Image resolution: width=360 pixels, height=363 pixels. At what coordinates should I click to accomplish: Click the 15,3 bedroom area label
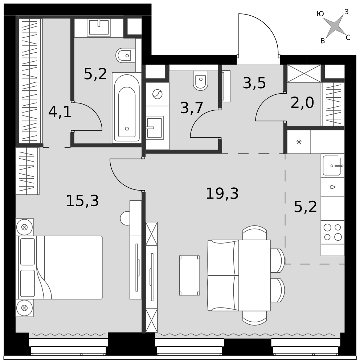[x=82, y=201]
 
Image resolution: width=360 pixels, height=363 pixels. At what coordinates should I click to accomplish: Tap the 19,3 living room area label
[x=222, y=193]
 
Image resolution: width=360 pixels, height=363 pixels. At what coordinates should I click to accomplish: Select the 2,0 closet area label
[x=302, y=103]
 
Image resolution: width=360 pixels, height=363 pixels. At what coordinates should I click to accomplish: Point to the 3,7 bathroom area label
[x=192, y=108]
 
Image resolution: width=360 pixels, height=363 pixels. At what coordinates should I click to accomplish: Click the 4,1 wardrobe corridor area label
[x=60, y=112]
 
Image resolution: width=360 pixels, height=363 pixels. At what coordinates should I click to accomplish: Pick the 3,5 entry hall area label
[x=254, y=83]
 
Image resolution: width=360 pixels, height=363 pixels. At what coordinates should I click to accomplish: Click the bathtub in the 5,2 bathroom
[x=127, y=108]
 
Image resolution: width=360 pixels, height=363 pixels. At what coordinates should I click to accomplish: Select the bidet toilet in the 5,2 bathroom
[x=125, y=56]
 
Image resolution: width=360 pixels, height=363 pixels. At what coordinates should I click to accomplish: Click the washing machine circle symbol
[x=157, y=94]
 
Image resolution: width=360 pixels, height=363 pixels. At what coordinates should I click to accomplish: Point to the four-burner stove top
[x=333, y=232]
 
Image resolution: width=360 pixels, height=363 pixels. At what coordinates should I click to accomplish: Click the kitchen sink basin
[x=332, y=166]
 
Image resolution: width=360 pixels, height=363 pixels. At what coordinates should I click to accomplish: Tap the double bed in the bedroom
[x=59, y=268]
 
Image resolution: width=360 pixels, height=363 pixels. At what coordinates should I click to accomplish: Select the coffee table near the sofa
[x=189, y=275]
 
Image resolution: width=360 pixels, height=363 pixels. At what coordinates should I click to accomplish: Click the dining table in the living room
[x=254, y=275]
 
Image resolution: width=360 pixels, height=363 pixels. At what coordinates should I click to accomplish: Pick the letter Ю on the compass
[x=320, y=15]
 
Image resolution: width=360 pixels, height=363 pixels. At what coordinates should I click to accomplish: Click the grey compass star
[x=334, y=26]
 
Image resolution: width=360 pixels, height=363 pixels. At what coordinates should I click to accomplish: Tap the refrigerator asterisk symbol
[x=299, y=142]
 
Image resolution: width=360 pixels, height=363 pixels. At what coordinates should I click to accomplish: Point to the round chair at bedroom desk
[x=125, y=218]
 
